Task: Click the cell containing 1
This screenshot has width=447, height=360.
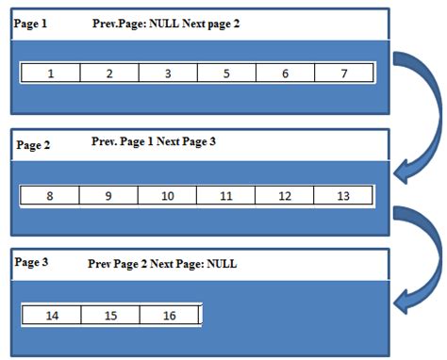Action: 50,73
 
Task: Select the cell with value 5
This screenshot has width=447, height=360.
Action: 226,73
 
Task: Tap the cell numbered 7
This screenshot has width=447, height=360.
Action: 344,73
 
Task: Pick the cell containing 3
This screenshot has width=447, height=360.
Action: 168,73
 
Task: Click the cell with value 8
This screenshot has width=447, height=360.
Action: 50,196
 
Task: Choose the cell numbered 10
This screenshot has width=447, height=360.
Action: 168,196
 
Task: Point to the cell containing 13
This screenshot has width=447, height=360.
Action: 343,196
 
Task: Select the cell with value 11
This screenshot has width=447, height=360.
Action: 226,196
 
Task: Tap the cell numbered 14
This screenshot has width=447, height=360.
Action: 52,316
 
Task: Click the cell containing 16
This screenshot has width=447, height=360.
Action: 170,316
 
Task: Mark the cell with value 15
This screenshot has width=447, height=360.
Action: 110,316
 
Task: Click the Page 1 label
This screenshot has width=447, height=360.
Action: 31,24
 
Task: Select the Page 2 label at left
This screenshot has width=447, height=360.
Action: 34,145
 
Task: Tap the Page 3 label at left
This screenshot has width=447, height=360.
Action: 32,263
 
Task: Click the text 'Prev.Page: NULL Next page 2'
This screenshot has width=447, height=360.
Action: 167,23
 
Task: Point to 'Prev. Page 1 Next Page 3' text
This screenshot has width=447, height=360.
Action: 154,141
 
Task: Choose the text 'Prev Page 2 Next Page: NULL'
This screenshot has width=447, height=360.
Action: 162,265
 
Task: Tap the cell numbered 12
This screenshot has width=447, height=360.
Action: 285,196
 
